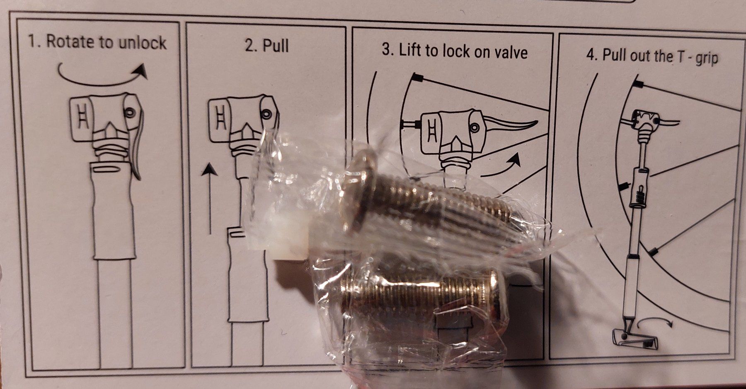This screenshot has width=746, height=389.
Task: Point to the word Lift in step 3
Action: (x=412, y=50)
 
